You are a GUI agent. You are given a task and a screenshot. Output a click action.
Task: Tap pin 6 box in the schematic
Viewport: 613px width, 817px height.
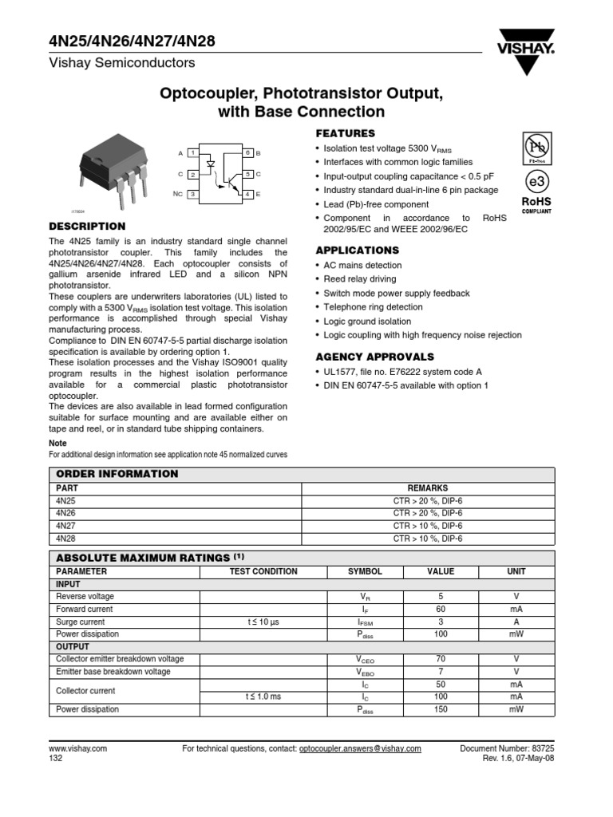(248, 152)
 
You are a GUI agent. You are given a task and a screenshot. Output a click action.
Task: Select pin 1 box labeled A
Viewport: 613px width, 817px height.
(193, 152)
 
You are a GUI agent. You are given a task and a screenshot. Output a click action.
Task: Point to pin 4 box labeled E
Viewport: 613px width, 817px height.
(248, 194)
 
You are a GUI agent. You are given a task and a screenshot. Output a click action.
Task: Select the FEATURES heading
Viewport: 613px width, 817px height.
(345, 133)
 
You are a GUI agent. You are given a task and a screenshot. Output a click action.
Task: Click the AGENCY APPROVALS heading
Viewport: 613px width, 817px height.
(375, 357)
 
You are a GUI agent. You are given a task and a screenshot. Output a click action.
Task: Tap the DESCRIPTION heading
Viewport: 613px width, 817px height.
(87, 226)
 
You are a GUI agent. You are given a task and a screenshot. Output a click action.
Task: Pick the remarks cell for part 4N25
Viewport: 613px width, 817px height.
(428, 501)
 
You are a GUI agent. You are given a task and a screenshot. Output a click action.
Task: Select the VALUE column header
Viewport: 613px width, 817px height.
(440, 572)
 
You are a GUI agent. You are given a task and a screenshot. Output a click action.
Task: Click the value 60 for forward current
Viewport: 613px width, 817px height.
(440, 609)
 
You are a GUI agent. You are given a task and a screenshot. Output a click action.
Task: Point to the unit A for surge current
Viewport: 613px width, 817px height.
(516, 622)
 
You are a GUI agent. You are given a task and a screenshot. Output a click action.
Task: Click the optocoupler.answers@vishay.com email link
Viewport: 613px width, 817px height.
(360, 749)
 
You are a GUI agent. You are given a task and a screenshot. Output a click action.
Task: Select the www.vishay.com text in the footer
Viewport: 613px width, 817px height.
(78, 749)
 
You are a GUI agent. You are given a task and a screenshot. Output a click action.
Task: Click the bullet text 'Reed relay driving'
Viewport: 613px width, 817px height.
(359, 279)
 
